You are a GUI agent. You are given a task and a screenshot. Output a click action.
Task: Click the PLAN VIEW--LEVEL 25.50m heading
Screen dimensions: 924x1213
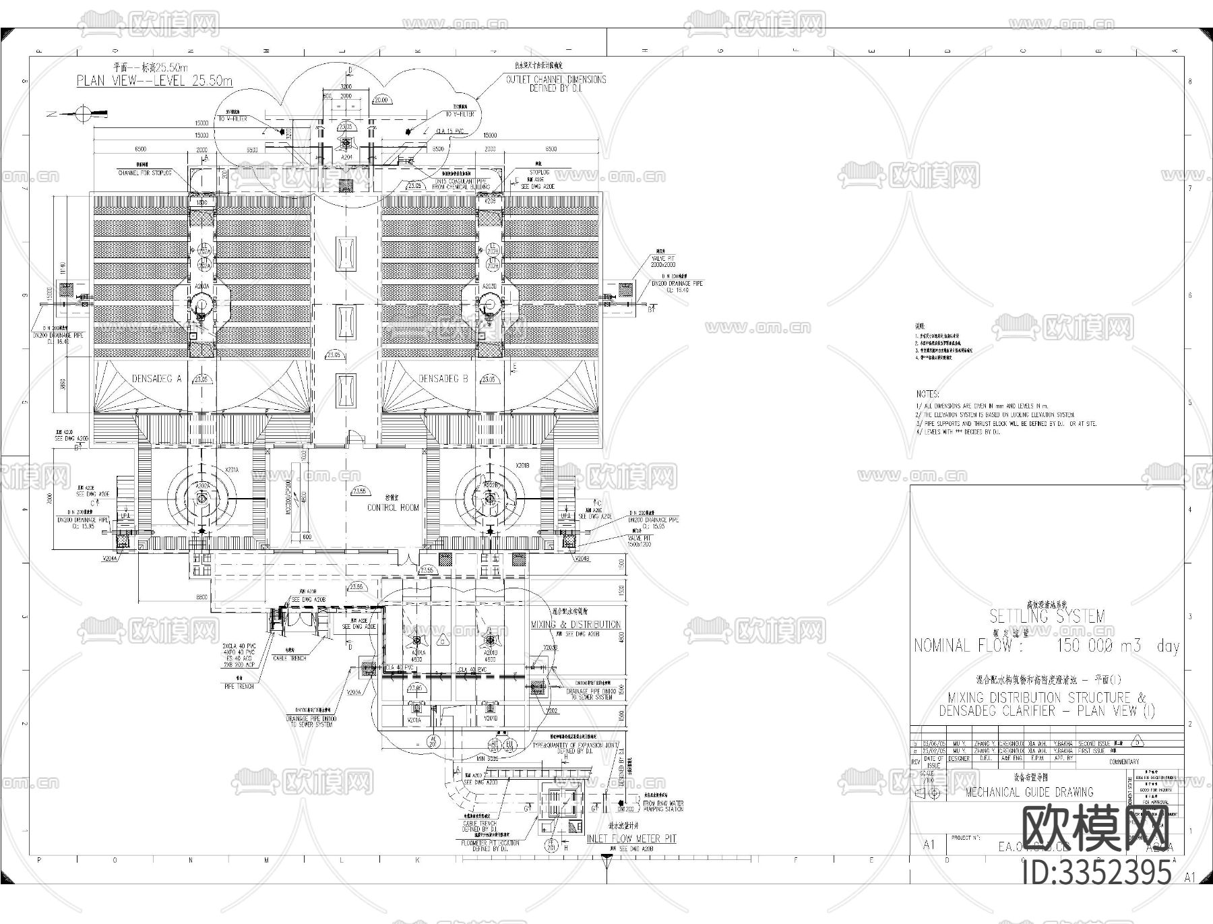[x=154, y=81]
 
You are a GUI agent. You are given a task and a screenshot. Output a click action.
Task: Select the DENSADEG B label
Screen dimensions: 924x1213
[x=443, y=379]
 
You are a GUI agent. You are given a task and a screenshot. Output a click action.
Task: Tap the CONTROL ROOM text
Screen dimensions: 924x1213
[x=393, y=507]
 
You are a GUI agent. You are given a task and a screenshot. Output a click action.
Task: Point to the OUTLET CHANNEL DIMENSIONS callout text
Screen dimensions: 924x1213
[x=556, y=84]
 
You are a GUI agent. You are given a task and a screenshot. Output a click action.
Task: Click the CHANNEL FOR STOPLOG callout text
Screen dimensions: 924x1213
[x=144, y=173]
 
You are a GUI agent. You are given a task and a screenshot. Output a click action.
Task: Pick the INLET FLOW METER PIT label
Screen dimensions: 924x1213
[x=631, y=838]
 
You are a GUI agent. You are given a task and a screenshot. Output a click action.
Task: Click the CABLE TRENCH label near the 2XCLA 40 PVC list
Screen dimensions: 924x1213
[x=289, y=658]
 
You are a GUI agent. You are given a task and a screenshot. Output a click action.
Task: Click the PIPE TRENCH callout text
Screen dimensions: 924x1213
[x=239, y=686]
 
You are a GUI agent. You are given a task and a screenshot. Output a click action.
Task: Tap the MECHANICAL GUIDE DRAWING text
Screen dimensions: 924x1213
[x=1029, y=792]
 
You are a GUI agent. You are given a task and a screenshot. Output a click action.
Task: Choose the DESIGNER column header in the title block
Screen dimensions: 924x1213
[x=958, y=758]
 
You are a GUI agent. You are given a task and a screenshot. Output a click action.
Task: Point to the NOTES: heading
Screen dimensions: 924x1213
[x=927, y=394]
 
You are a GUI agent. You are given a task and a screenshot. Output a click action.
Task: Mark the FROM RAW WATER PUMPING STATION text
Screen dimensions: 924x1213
[x=664, y=805]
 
